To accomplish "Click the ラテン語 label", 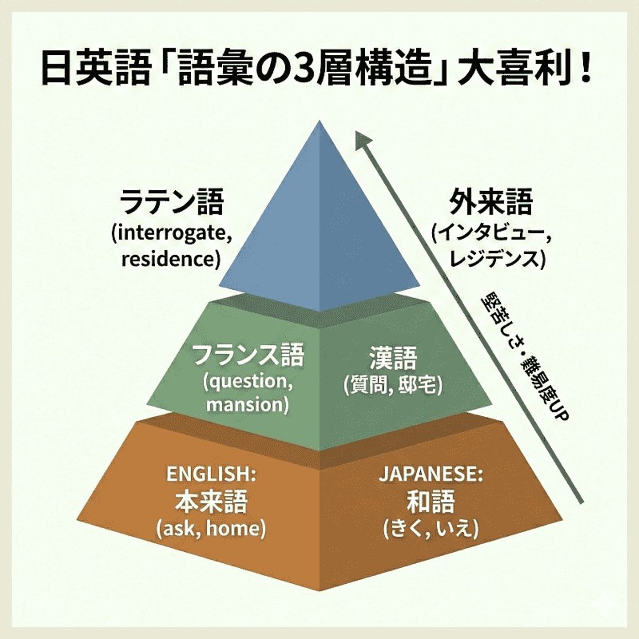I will (x=172, y=203).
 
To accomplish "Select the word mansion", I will (x=247, y=405).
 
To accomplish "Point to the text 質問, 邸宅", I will (x=393, y=385).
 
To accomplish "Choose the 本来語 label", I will (x=211, y=501).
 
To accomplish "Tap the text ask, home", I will (x=211, y=529).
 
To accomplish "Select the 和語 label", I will (x=430, y=501).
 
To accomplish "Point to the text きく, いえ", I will (x=430, y=529).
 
